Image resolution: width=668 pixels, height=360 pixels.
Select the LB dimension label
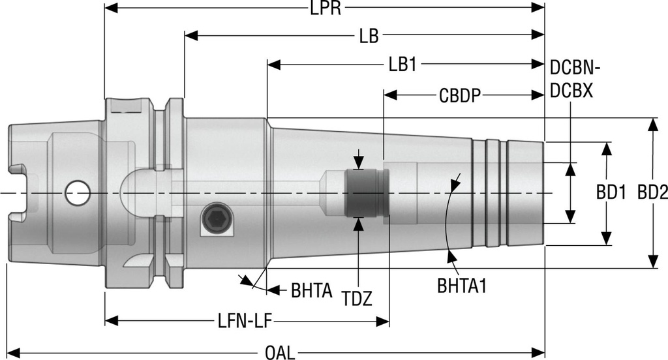coord(369,36)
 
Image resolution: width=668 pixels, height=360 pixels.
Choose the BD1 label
coord(611,193)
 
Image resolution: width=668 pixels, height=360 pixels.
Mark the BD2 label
coord(652,193)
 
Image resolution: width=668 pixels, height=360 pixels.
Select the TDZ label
coord(357,299)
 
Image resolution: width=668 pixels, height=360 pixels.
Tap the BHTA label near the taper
coord(312,290)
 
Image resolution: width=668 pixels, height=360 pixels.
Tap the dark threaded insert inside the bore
coord(367,193)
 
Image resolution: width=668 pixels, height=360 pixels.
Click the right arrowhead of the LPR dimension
coord(539,8)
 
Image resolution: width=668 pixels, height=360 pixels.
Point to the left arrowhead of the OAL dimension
coord(12,353)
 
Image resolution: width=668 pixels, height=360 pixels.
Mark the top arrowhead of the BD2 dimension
coord(652,124)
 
